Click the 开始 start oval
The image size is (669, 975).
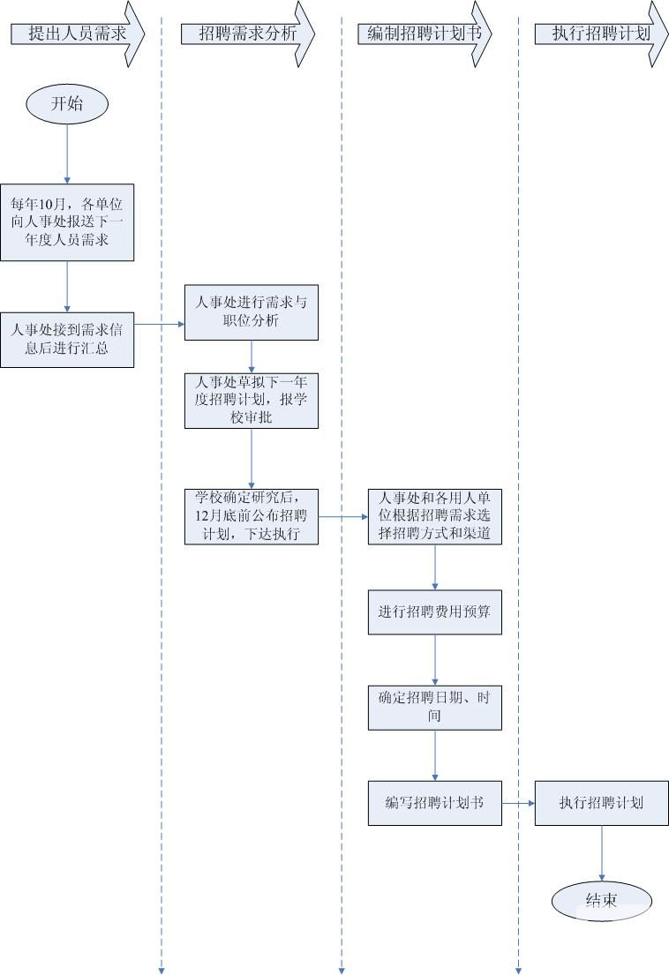tap(67, 103)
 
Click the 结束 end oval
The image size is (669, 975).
tap(601, 900)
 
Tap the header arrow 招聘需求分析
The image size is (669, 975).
tap(247, 34)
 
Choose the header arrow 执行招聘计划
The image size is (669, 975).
tap(600, 34)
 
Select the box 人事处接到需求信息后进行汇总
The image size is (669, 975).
tap(67, 340)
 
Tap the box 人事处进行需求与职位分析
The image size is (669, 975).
tap(252, 311)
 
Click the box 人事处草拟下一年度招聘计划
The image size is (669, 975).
tap(252, 400)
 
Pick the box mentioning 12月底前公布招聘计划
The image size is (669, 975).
tap(252, 516)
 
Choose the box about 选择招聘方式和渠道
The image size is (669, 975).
tap(435, 516)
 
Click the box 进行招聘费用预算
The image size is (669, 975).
tap(435, 612)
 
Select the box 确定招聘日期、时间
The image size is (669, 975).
tap(435, 707)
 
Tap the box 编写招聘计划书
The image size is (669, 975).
tap(435, 803)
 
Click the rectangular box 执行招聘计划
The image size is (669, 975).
tap(601, 803)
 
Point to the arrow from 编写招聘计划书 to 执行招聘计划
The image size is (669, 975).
tap(518, 803)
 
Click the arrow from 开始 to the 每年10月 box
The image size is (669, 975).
tap(67, 154)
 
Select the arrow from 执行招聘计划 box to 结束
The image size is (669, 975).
tap(601, 853)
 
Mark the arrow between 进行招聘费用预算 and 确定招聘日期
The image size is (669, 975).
tap(435, 659)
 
